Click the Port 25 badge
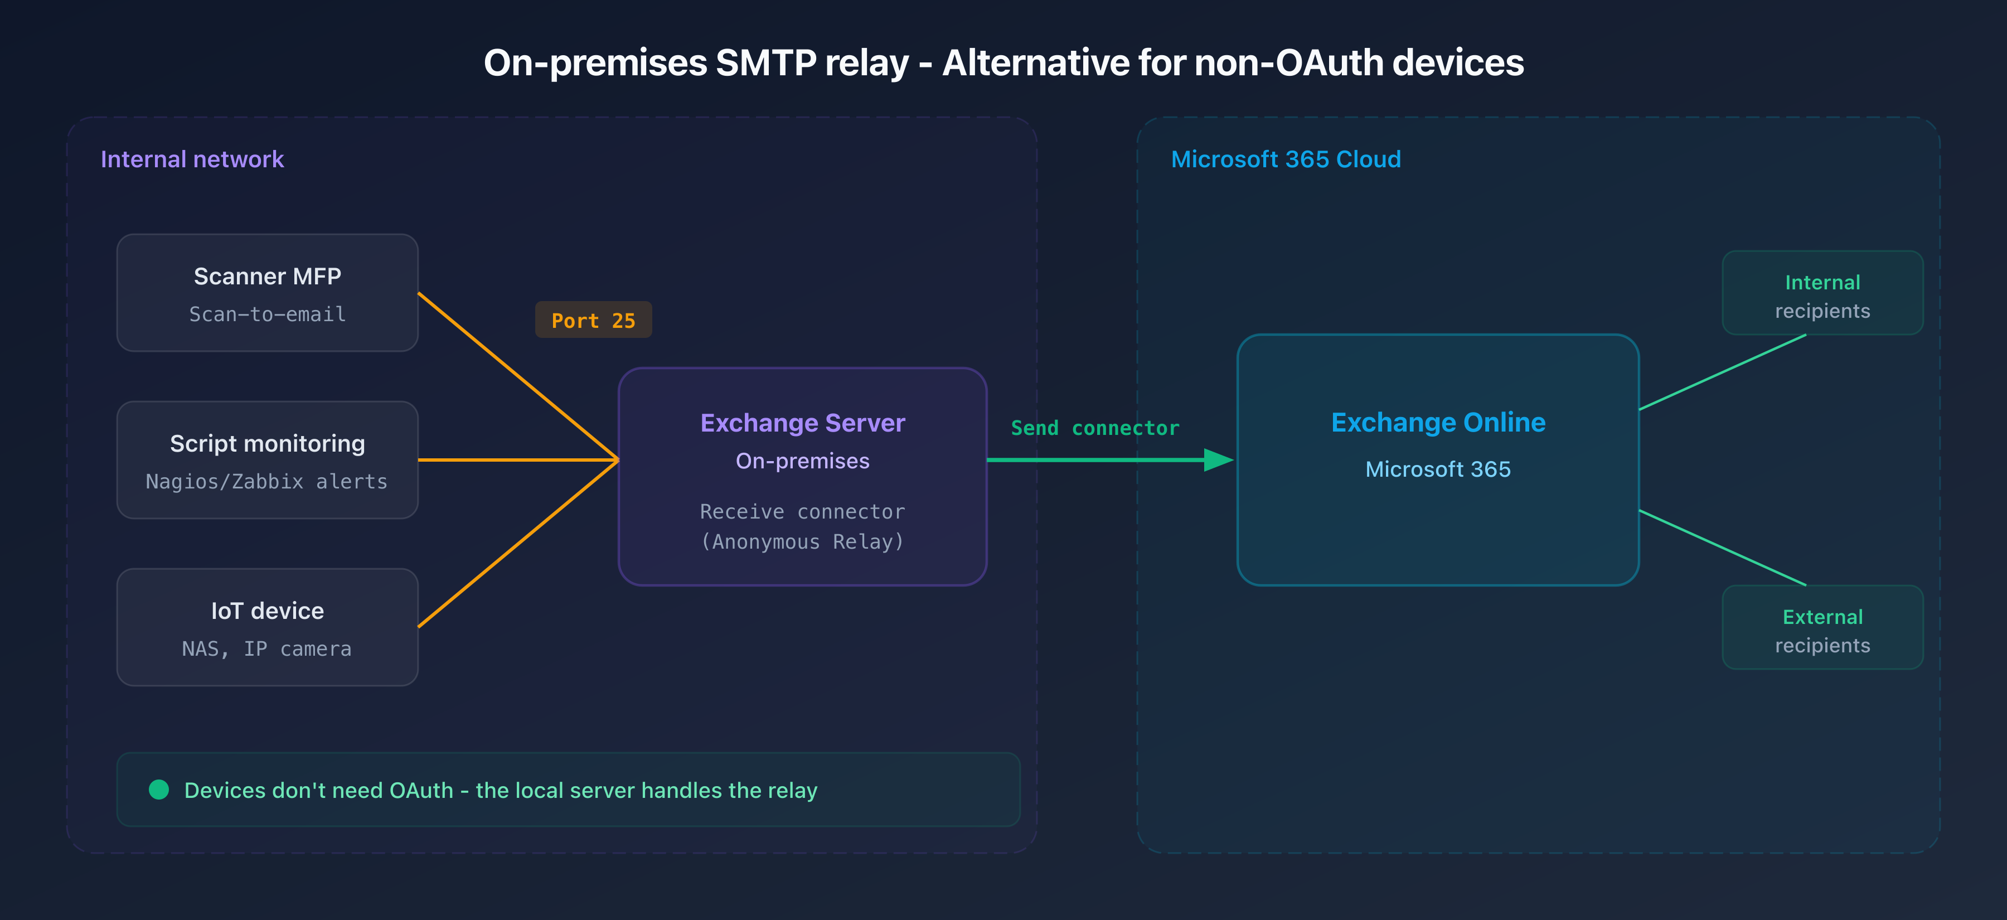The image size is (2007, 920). (593, 320)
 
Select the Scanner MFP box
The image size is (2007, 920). (267, 293)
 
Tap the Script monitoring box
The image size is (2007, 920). (267, 459)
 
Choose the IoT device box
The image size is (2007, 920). (267, 627)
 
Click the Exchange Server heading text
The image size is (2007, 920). (802, 423)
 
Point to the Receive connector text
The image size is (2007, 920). (802, 512)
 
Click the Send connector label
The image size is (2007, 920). (1095, 428)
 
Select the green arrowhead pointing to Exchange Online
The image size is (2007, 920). (1218, 459)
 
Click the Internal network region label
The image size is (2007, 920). (192, 159)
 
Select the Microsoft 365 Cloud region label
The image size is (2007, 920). (1286, 159)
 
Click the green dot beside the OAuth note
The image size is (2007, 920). (159, 790)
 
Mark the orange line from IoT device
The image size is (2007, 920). (518, 544)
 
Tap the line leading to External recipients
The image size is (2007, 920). (1722, 548)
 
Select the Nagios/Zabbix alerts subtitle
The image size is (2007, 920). (266, 481)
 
